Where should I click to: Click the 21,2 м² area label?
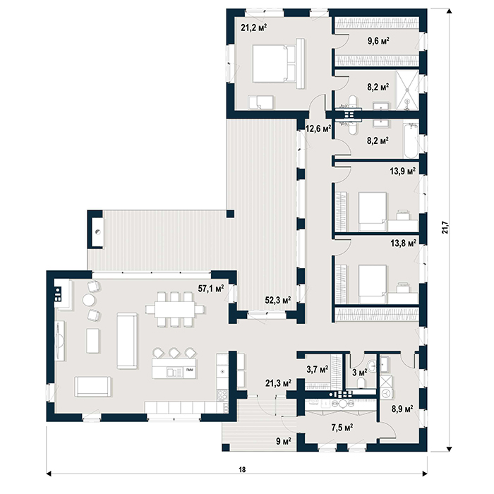click(x=254, y=28)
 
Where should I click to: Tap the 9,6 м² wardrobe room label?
click(x=378, y=41)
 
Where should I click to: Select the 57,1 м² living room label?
click(x=211, y=288)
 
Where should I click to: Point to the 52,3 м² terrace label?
click(x=277, y=300)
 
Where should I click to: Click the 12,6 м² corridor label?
click(x=318, y=128)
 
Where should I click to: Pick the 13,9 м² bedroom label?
click(x=403, y=171)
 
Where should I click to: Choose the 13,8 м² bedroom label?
click(x=403, y=243)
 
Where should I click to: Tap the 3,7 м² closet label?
click(x=318, y=368)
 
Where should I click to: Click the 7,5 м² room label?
click(x=342, y=428)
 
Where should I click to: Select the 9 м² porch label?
click(x=283, y=441)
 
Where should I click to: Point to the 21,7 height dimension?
click(x=445, y=227)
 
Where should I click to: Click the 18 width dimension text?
click(x=241, y=469)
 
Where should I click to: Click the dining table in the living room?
click(x=174, y=309)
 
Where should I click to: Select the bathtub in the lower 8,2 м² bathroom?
click(x=411, y=140)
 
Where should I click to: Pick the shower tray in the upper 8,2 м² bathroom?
click(x=407, y=90)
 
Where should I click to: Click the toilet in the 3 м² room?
click(x=361, y=382)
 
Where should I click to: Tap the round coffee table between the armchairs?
click(x=88, y=300)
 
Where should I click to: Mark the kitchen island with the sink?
click(x=174, y=368)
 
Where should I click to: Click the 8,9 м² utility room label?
click(x=402, y=409)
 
